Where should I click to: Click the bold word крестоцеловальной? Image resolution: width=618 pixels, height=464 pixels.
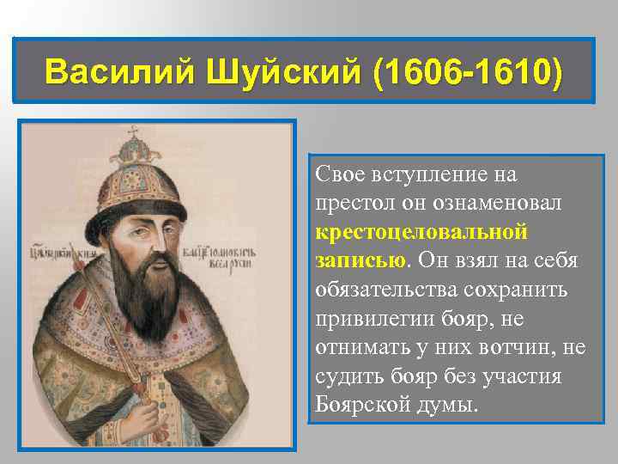[420, 232]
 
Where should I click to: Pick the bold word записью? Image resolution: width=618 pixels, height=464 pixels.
[360, 260]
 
